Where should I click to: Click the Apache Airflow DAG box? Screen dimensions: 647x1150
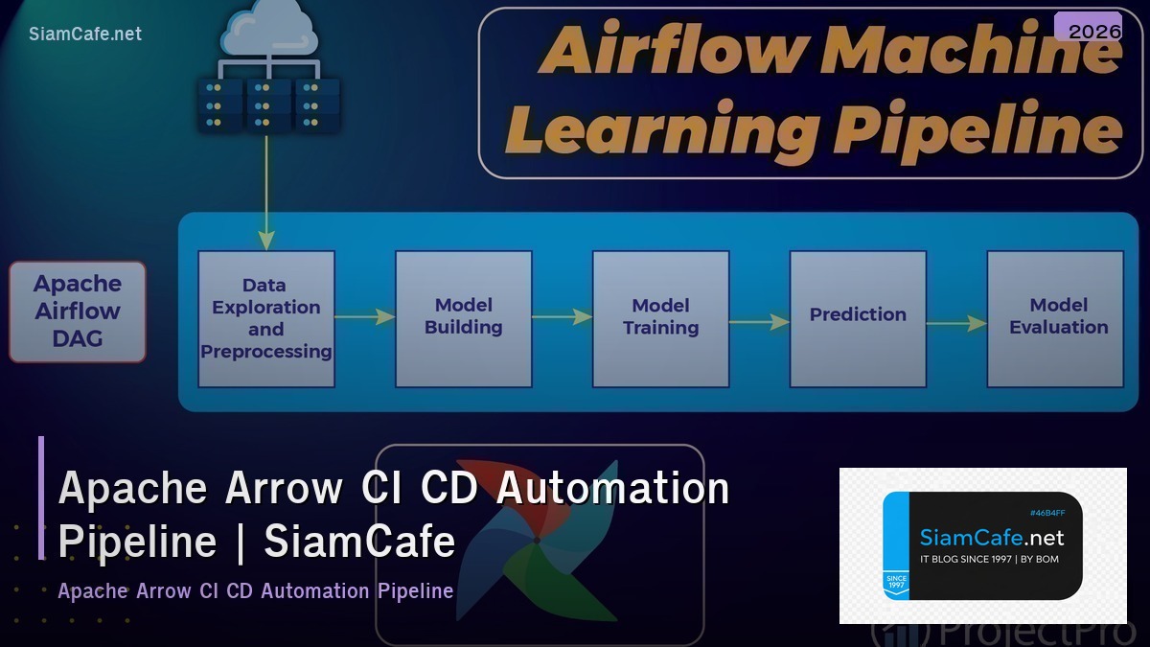pyautogui.click(x=78, y=312)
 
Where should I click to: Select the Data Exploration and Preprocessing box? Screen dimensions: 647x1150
pyautogui.click(x=266, y=318)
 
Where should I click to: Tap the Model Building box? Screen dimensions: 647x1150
pyautogui.click(x=464, y=318)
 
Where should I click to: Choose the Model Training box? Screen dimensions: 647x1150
pyautogui.click(x=660, y=318)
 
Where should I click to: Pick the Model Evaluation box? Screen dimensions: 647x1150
pyautogui.click(x=1055, y=318)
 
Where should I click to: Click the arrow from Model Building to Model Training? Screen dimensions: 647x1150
pyautogui.click(x=563, y=316)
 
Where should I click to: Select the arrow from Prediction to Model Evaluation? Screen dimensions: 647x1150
pyautogui.click(x=956, y=323)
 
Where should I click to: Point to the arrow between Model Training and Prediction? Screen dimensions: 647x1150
pyautogui.click(x=759, y=322)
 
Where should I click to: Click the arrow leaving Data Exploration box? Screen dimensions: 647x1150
pyautogui.click(x=365, y=316)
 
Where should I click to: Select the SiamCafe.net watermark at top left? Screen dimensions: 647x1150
pyautogui.click(x=85, y=34)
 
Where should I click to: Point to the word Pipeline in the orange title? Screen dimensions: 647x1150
pyautogui.click(x=977, y=129)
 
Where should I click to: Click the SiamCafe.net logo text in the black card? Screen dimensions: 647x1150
pyautogui.click(x=992, y=538)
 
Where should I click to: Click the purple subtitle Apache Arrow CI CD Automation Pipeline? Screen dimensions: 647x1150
pyautogui.click(x=255, y=590)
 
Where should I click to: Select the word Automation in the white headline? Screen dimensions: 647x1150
pyautogui.click(x=612, y=488)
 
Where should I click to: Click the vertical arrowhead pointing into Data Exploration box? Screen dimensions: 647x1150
pyautogui.click(x=266, y=240)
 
